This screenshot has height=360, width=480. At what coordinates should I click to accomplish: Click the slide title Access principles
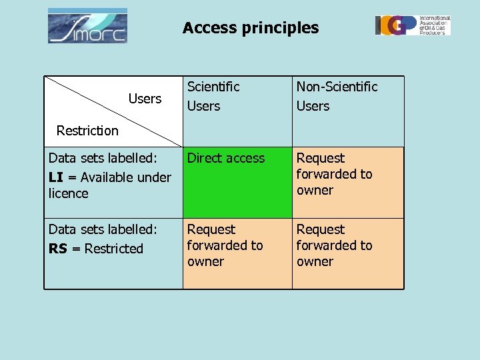[x=251, y=28]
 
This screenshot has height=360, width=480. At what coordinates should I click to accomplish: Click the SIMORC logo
[x=87, y=27]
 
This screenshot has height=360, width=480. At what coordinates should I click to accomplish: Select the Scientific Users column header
[x=213, y=96]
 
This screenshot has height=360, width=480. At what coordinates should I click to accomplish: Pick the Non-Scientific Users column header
[x=337, y=96]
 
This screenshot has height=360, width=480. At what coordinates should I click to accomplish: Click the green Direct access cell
[x=237, y=182]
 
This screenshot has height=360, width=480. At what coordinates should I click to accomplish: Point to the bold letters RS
[x=57, y=249]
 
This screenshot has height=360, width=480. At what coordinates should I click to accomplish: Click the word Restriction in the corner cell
[x=87, y=131]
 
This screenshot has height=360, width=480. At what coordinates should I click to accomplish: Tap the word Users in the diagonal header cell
[x=145, y=99]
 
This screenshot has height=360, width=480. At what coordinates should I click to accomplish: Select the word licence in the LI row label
[x=69, y=193]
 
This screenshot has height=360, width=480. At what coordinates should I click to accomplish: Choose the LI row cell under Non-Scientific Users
[x=347, y=182]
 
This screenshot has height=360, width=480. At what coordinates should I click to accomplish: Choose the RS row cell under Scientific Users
[x=237, y=253]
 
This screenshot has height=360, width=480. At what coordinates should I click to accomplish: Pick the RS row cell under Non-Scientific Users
[x=347, y=253]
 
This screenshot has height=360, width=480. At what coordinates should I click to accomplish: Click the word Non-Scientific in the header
[x=337, y=87]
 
